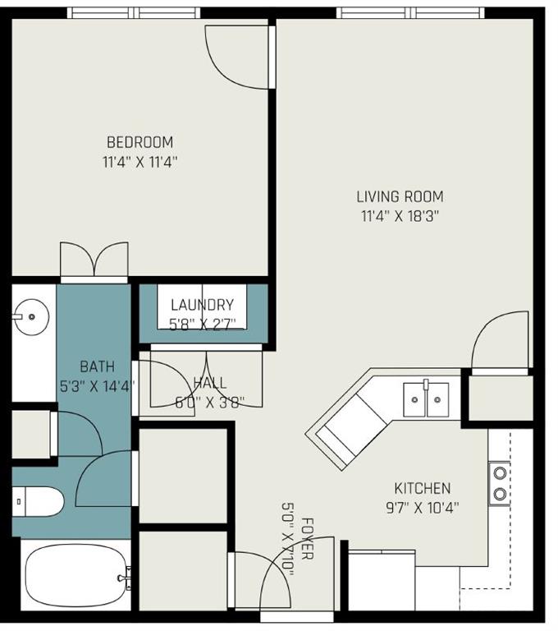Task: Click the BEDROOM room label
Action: coord(139,142)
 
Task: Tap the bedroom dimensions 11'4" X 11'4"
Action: coord(139,162)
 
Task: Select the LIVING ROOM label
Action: coord(400,196)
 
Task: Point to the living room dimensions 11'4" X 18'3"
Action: coord(400,216)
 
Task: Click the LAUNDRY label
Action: coord(202,305)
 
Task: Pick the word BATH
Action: coord(97,366)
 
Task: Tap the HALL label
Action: coord(210,383)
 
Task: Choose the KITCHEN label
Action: coord(422,488)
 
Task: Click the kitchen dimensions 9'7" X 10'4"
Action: coord(422,507)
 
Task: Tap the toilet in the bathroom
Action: coord(38,500)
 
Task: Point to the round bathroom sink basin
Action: coord(32,314)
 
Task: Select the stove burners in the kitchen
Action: coord(499,483)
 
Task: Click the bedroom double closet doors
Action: coord(95,262)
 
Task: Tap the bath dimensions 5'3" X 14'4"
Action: coord(97,384)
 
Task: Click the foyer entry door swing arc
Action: coord(276,579)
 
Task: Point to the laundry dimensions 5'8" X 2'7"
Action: coord(202,324)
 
